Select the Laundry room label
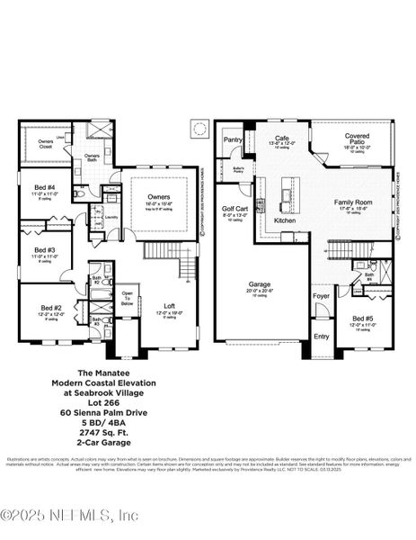click(111, 217)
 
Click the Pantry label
click(233, 139)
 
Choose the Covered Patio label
click(357, 139)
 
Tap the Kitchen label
click(285, 220)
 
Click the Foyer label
click(321, 296)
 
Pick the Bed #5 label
click(363, 319)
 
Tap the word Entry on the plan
click(321, 336)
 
